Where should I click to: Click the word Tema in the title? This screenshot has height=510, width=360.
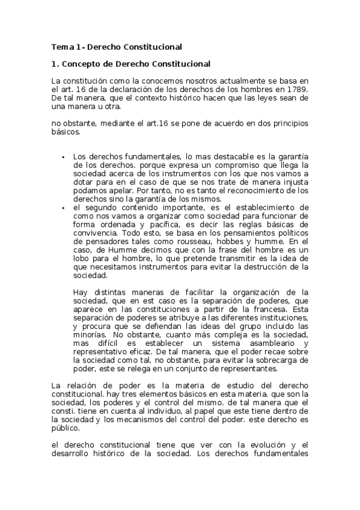[61, 46]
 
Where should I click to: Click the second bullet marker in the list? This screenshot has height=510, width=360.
[63, 207]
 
